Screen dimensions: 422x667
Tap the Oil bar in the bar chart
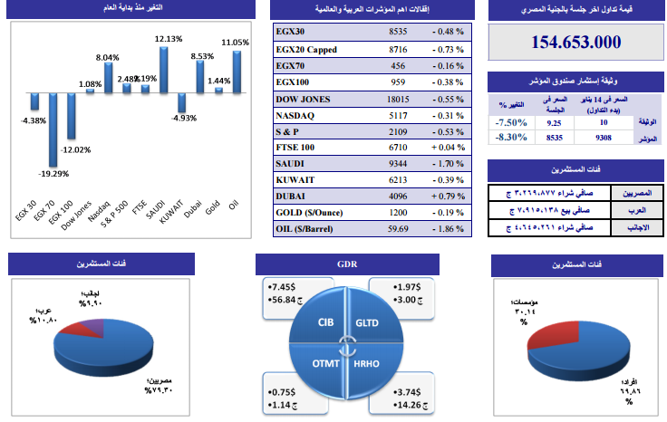pos(236,72)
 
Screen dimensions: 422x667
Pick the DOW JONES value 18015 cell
pos(396,98)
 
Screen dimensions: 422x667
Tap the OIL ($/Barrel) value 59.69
pos(396,228)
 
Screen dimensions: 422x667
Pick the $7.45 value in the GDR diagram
pos(285,287)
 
